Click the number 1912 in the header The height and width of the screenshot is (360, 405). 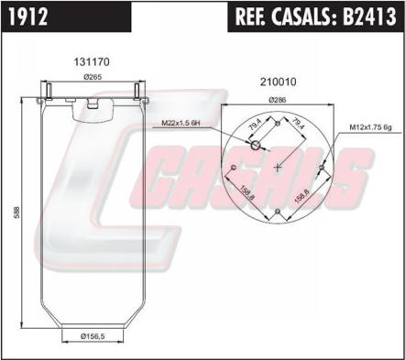click(27, 16)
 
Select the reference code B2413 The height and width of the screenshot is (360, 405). click(369, 16)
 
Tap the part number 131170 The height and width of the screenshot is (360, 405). click(92, 62)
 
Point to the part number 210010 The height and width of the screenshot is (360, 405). click(279, 82)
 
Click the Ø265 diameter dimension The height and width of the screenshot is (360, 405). click(93, 78)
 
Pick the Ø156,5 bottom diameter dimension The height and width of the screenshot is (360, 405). click(93, 336)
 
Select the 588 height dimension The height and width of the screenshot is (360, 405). click(16, 213)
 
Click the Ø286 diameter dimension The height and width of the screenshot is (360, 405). click(278, 100)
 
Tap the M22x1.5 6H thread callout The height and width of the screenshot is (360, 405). click(181, 124)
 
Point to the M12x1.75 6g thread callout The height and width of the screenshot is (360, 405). click(370, 127)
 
